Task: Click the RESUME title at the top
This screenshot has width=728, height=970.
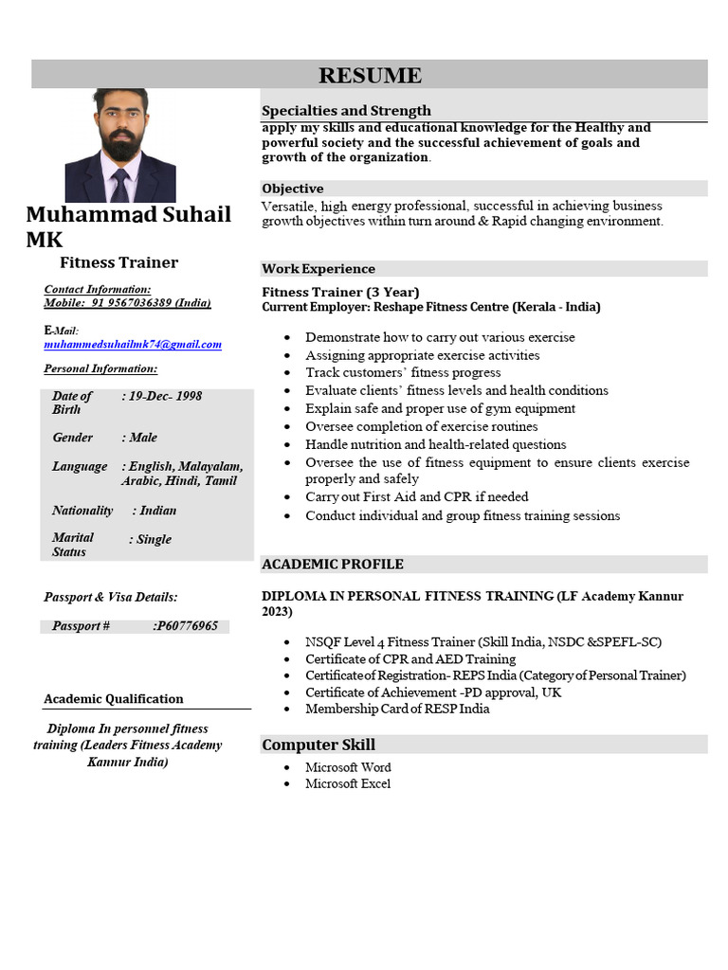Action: (x=370, y=75)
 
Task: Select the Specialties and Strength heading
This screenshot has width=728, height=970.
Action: (x=346, y=111)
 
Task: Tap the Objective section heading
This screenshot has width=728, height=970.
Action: (x=293, y=189)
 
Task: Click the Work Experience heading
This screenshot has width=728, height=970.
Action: (x=318, y=269)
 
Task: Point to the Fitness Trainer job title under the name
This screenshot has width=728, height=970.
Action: (x=118, y=262)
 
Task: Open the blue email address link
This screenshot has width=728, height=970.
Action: (x=133, y=345)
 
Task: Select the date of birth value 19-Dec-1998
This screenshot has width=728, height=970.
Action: (x=164, y=396)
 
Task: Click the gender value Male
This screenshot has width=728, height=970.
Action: (x=141, y=438)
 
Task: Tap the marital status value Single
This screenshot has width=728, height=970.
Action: (x=152, y=540)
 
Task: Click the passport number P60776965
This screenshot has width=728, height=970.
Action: (x=186, y=626)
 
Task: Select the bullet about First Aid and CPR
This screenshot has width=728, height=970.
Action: (x=416, y=497)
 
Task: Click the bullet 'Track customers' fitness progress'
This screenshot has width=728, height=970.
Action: (x=403, y=373)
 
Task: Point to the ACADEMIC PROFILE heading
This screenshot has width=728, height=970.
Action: (x=333, y=565)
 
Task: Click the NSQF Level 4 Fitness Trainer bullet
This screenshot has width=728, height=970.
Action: (x=482, y=642)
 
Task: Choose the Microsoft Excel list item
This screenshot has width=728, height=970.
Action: (x=347, y=784)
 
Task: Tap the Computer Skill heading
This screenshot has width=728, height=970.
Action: (x=318, y=745)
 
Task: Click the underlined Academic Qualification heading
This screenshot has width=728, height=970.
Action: (x=114, y=699)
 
